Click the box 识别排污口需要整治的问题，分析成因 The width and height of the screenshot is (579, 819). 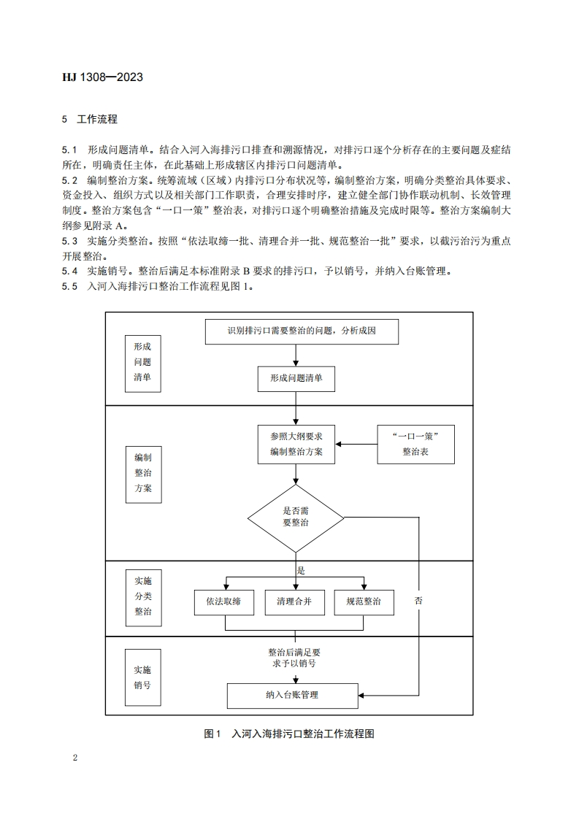[302, 331]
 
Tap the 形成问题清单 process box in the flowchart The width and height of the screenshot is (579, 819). [296, 378]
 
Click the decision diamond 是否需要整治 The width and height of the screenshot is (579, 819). [296, 518]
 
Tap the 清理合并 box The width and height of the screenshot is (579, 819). [294, 602]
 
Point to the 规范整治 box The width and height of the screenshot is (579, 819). [363, 602]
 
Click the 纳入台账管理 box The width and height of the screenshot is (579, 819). [292, 695]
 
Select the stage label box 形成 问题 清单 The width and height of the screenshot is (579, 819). [142, 361]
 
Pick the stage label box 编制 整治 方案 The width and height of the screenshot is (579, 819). [142, 473]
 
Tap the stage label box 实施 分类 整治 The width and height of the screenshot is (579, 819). [142, 596]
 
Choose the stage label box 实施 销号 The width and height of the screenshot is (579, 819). [142, 677]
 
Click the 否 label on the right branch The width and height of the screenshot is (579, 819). [418, 601]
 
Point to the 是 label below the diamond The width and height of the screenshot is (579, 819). [300, 570]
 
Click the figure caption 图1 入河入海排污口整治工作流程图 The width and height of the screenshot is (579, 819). [289, 734]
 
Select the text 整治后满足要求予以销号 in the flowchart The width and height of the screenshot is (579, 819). [294, 658]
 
